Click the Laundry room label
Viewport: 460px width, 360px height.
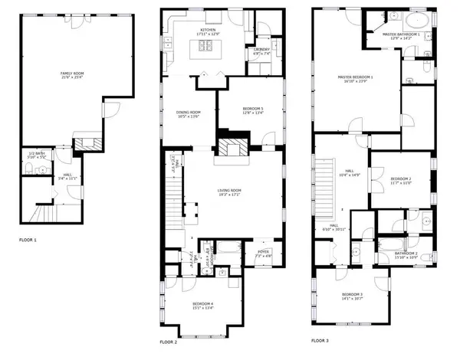261,51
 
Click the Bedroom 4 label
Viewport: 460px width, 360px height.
203,305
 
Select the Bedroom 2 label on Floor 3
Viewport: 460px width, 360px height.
399,179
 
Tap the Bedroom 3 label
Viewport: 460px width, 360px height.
352,295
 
